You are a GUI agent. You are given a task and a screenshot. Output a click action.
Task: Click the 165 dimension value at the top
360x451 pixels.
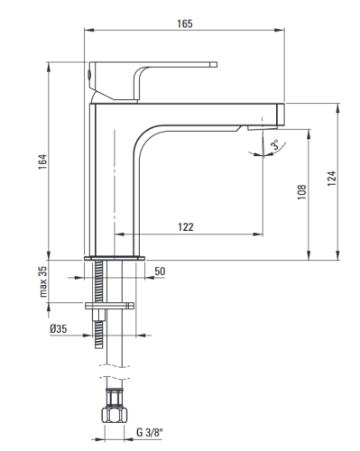click(184, 23)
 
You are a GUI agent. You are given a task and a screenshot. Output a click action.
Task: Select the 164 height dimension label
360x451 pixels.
click(42, 161)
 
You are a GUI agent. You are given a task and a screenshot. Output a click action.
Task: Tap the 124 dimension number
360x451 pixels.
click(331, 179)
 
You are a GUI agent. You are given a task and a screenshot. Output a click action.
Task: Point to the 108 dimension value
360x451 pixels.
click(301, 192)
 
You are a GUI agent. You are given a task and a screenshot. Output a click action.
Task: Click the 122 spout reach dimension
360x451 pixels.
click(186, 226)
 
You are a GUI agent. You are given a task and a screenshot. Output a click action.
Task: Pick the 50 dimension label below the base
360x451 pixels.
click(160, 272)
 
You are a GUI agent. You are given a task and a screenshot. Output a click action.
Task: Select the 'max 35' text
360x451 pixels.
click(43, 281)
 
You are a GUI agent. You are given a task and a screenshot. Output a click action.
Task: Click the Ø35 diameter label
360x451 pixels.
click(59, 328)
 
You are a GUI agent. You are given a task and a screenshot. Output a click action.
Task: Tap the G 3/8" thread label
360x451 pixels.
click(149, 433)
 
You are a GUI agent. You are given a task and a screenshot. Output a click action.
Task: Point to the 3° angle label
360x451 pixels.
click(274, 144)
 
